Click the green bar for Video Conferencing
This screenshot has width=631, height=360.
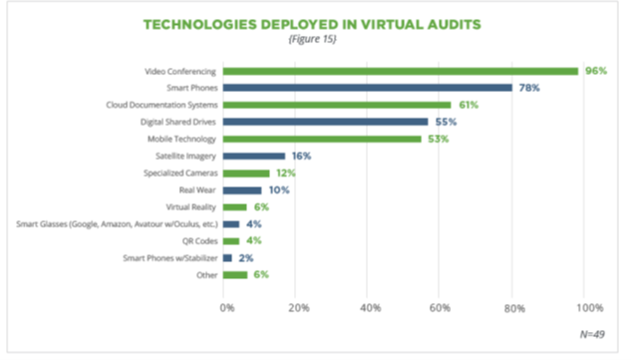(400, 71)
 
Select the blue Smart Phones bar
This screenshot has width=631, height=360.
(367, 88)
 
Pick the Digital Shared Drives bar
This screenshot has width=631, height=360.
(326, 122)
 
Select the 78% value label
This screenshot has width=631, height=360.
(528, 88)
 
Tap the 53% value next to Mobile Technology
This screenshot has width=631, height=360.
(438, 139)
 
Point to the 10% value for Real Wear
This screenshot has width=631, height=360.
(278, 189)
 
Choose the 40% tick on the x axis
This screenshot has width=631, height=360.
(368, 307)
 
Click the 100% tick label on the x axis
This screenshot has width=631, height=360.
(588, 307)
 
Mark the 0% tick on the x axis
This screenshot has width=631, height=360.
(227, 307)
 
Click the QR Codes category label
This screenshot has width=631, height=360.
(197, 240)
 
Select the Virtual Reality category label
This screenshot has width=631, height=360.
(190, 206)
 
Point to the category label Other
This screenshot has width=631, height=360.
(205, 274)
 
